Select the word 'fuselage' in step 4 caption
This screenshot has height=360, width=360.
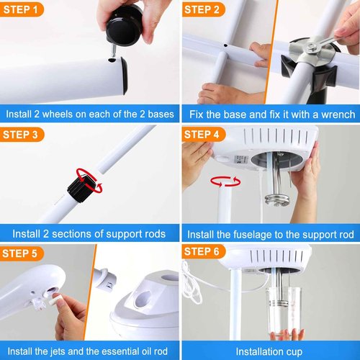pyautogui.click(x=251, y=234)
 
